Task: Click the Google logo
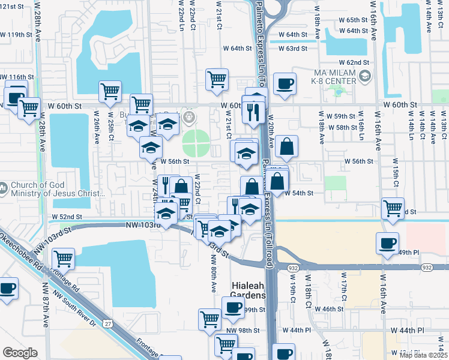point(20,353)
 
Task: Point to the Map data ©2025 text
point(423,355)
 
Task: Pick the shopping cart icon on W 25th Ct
point(110,92)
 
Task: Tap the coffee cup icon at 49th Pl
point(387,243)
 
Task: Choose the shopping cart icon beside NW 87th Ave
point(63,259)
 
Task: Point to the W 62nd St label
point(354,62)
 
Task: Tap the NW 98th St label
point(243,331)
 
